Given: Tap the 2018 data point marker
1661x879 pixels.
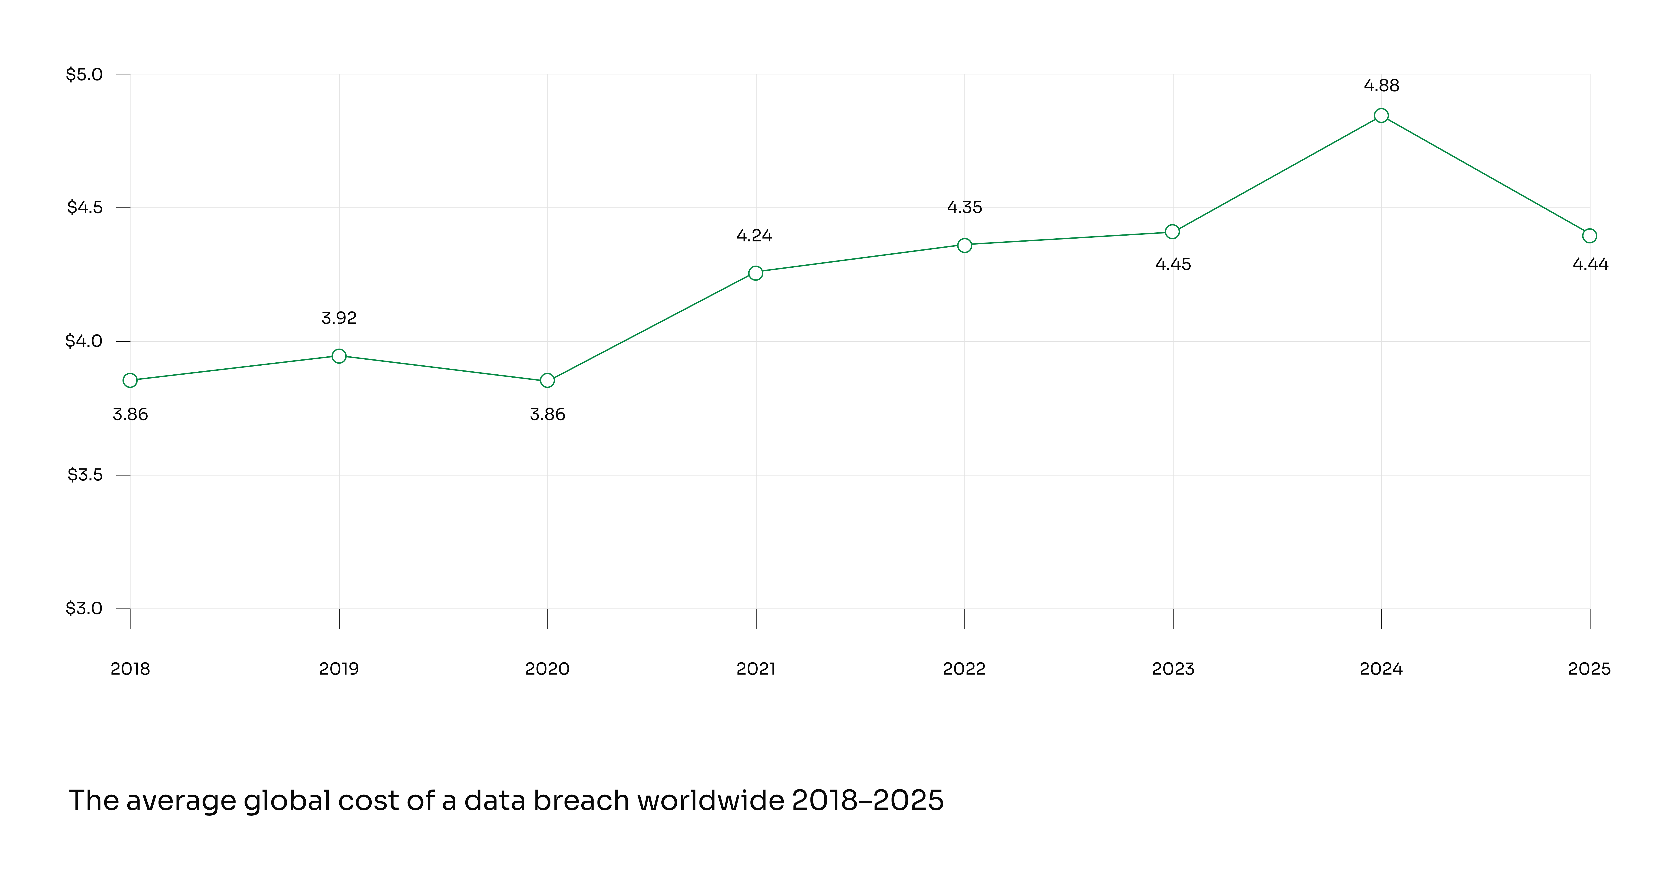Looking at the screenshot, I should coord(130,380).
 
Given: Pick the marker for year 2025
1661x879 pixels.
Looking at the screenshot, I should coord(1589,236).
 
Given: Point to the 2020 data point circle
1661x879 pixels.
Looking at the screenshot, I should coord(547,380).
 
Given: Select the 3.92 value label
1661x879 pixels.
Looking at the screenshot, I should coord(339,318).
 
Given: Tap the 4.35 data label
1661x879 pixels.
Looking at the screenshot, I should coord(965,207).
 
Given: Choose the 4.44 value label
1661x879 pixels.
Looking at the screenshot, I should coord(1590,264).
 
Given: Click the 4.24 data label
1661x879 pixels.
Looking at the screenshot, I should coord(754,236).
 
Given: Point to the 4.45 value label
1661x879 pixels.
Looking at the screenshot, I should coord(1173,264).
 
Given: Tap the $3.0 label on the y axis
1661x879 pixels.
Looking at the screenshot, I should coord(84,608).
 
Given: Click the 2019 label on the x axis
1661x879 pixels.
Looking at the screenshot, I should coord(339,669).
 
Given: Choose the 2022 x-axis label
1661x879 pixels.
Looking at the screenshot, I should coord(965,669).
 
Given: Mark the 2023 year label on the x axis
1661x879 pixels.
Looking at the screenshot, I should coord(1173,669).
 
